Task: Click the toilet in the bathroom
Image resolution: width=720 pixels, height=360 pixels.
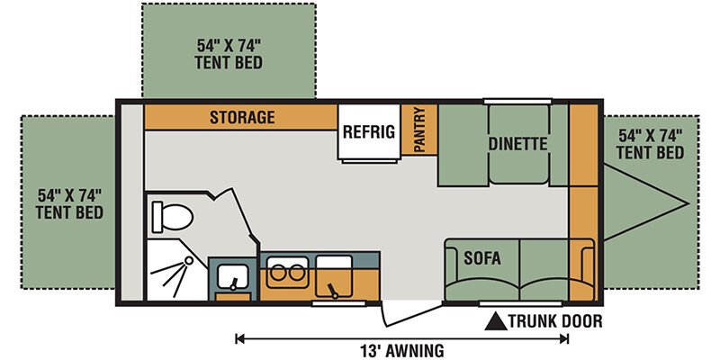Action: pos(171,217)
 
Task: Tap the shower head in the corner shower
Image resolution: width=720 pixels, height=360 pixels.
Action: pos(188,260)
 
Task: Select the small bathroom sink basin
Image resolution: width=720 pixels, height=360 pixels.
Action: pos(233,276)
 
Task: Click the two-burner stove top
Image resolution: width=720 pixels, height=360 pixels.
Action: pos(287,273)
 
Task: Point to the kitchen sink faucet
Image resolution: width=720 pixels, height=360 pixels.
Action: pos(330,290)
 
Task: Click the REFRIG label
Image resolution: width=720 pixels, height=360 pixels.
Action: pos(369,132)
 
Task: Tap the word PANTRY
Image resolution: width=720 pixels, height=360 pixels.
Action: pos(418,130)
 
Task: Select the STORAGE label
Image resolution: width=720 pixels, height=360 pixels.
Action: pos(242,117)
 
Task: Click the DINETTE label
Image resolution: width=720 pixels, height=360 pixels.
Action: pos(518,144)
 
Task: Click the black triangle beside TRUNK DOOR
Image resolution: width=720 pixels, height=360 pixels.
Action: pos(497,321)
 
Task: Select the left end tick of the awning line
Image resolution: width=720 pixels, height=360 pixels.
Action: pos(237,339)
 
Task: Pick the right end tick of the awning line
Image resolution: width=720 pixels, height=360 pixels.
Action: pos(568,339)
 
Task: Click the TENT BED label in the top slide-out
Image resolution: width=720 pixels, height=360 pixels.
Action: pos(229,62)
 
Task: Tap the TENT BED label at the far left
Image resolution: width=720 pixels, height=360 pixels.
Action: pos(69,212)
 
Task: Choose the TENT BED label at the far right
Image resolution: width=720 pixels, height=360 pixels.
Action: pos(650,152)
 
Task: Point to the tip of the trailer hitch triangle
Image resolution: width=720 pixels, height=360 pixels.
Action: pos(689,203)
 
